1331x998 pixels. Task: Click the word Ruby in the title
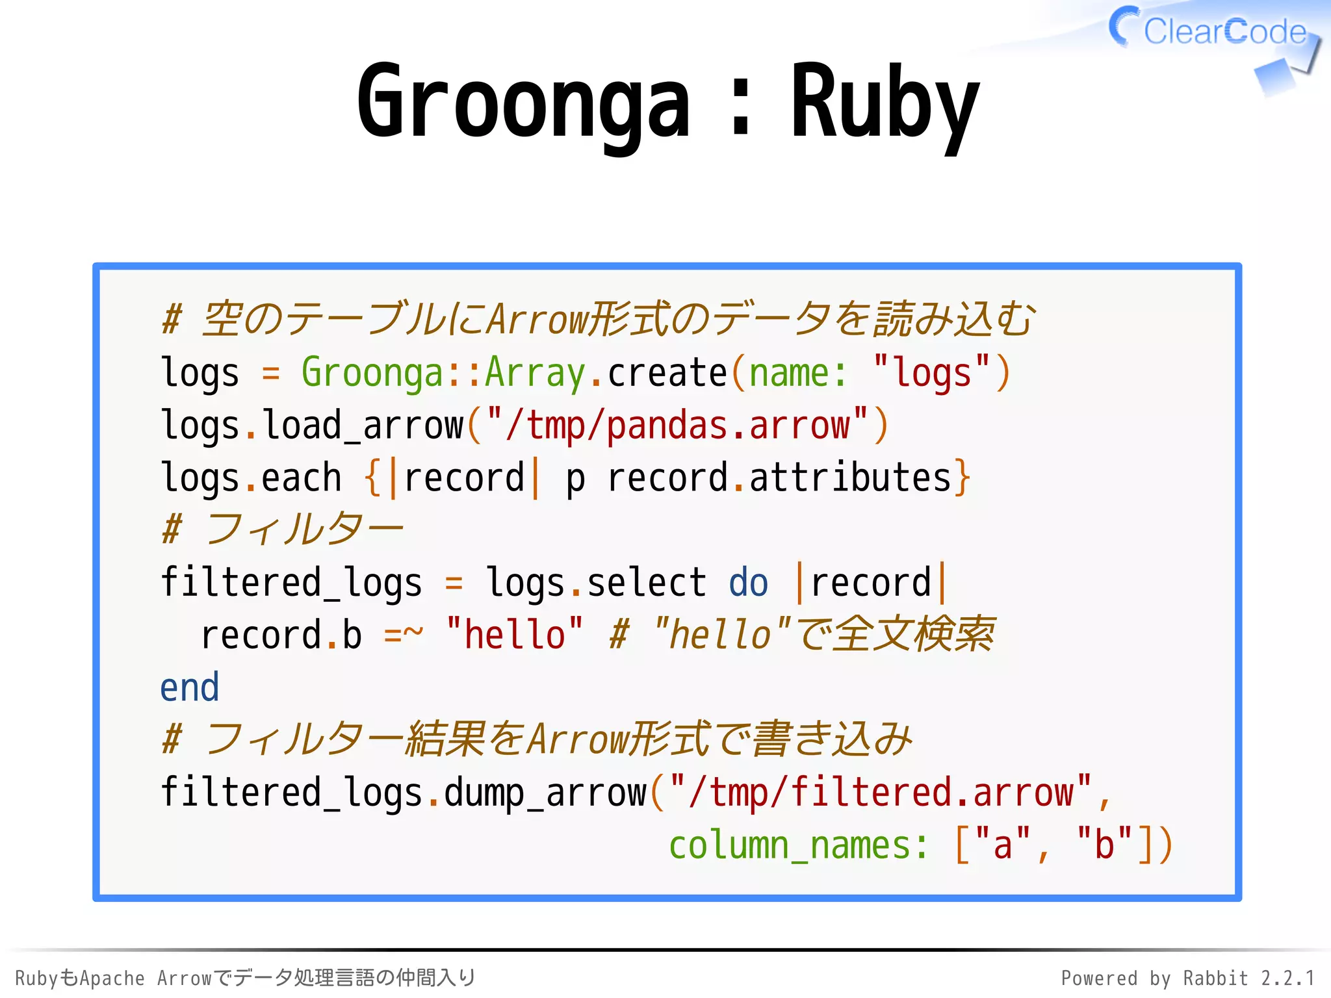click(885, 104)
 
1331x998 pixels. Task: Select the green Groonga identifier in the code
click(372, 374)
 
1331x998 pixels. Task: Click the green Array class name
click(535, 374)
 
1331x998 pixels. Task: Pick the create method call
click(667, 374)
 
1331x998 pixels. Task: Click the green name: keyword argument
click(798, 374)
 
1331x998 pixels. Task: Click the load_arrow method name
click(363, 426)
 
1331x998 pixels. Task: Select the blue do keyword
click(748, 583)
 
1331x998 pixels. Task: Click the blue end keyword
click(190, 687)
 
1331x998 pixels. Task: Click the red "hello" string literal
click(514, 635)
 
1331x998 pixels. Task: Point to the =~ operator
click(403, 635)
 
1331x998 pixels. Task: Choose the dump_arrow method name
click(545, 793)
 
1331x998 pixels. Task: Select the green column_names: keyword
click(798, 845)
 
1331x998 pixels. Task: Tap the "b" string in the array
click(1104, 845)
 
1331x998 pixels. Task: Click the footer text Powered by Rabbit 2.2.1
click(1187, 978)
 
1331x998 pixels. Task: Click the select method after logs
click(646, 583)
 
